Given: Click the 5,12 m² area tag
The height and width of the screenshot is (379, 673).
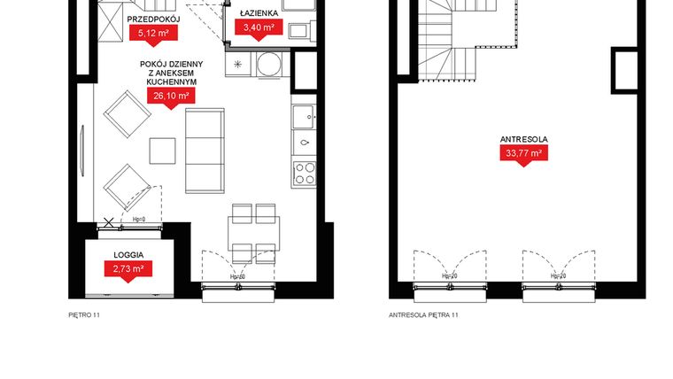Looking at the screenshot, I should point(153,34).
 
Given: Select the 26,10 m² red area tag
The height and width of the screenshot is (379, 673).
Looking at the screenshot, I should point(171,96).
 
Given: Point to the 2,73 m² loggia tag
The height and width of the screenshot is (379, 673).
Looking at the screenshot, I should point(129,267).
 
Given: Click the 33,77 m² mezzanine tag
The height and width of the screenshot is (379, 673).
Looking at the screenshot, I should point(522,154).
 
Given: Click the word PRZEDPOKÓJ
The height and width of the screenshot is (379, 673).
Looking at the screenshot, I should point(153,19).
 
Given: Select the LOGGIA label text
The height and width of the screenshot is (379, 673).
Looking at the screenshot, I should point(129,253).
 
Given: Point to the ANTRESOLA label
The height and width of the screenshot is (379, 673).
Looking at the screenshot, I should point(522,140).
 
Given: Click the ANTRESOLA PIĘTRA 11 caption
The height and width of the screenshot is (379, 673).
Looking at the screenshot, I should point(423,314).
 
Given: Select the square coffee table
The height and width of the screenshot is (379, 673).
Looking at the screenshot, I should point(162,151).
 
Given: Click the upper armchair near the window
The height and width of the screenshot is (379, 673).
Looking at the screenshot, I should point(124,116).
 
